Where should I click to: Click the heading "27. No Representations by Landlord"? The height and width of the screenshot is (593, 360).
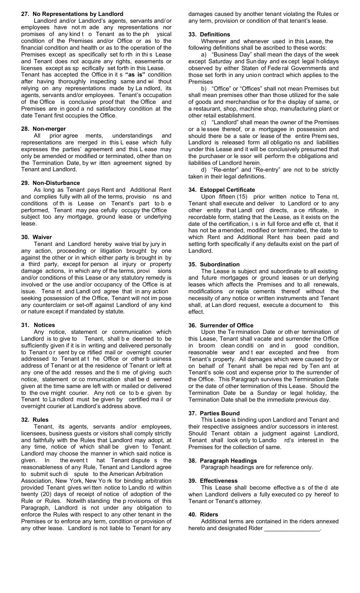coord(72,14)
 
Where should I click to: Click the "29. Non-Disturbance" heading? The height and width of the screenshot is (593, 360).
coord(50,183)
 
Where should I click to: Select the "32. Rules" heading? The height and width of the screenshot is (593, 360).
coord(35,420)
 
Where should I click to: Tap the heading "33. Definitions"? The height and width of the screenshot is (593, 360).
coord(209,34)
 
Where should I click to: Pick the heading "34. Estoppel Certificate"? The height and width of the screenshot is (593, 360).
coord(222,190)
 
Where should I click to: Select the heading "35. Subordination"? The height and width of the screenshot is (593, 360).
coord(214,264)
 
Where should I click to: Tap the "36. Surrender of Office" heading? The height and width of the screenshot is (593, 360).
coord(221,325)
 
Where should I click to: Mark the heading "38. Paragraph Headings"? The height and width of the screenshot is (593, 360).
coord(222,461)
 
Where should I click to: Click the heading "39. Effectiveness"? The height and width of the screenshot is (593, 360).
coord(213,481)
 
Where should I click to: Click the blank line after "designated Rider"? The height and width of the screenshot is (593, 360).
coord(292,528)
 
